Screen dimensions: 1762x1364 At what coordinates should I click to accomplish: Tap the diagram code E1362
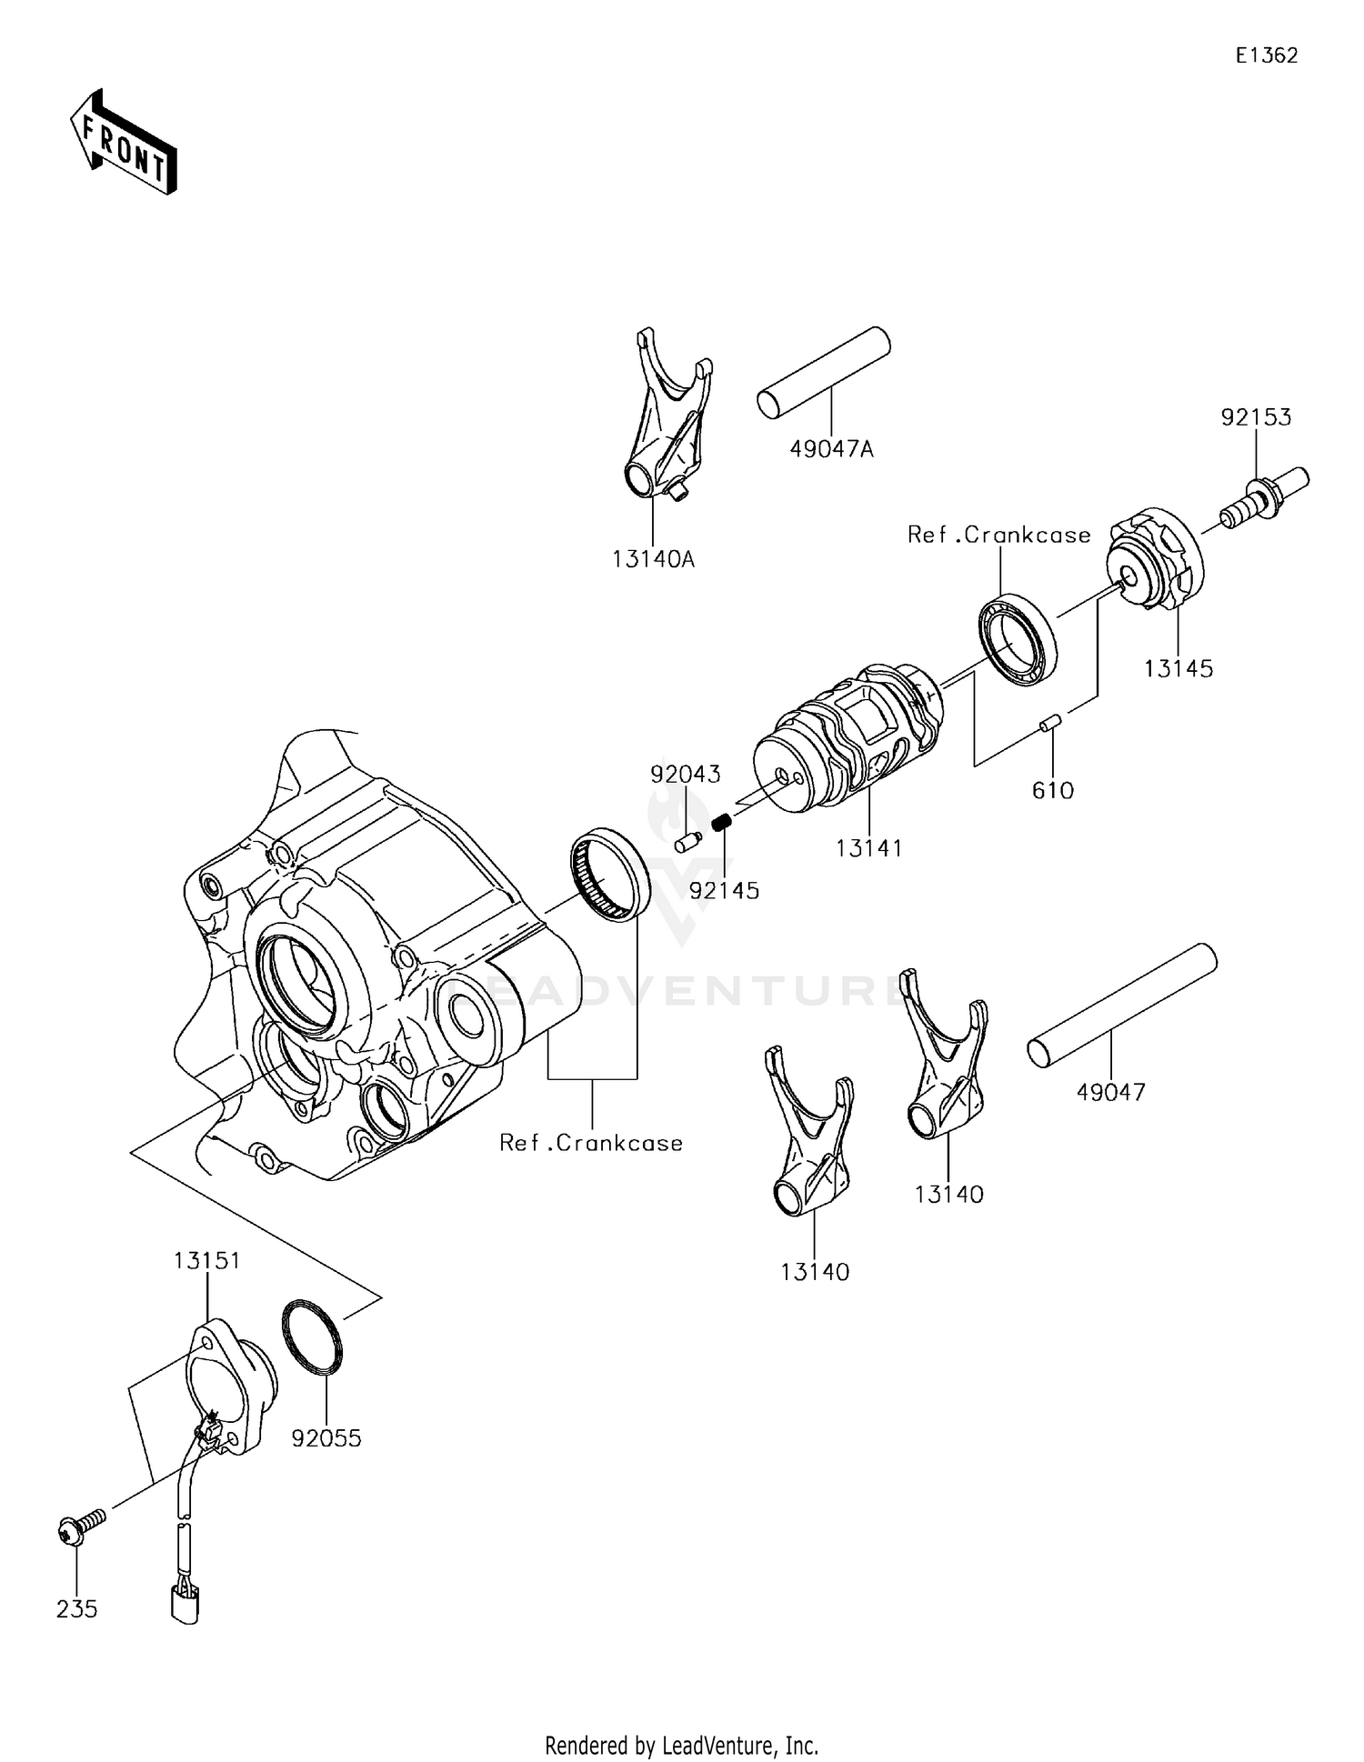tap(1266, 55)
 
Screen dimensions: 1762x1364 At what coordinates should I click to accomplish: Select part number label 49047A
tap(831, 448)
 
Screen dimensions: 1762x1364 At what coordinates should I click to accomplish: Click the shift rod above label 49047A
tap(823, 373)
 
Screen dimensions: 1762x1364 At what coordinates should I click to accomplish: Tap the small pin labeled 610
tap(1052, 724)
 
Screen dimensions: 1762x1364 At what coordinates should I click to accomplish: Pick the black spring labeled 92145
tap(722, 824)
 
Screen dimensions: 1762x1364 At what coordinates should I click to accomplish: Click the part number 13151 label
tap(206, 1260)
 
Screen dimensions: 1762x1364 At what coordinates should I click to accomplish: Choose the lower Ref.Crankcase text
tap(591, 1143)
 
